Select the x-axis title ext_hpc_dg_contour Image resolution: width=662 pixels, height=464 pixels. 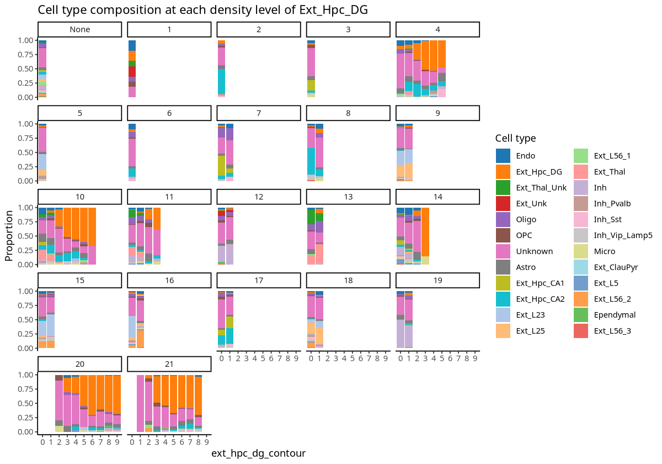tap(258, 453)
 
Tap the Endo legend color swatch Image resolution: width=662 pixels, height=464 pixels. tap(503, 156)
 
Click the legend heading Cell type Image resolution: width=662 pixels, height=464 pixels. tap(515, 138)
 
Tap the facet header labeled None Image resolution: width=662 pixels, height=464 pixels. tap(79, 29)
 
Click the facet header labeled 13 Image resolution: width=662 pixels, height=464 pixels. tap(348, 197)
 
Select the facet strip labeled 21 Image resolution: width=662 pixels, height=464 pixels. tap(169, 364)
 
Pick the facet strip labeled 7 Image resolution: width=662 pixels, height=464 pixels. tap(259, 113)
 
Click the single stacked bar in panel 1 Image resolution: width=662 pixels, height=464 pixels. tap(132, 68)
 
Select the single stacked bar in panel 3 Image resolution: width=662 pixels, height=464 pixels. tap(311, 68)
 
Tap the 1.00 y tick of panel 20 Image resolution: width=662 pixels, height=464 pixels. tap(26, 375)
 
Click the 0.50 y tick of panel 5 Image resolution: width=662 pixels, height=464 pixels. tap(26, 152)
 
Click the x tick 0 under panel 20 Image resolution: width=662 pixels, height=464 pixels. tap(42, 442)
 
